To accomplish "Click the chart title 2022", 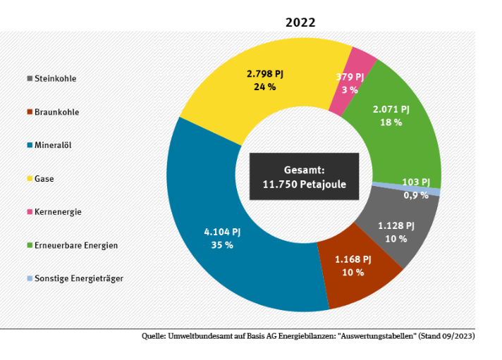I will (300, 22).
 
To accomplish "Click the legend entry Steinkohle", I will (55, 79).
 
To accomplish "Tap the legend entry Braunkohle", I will (56, 112).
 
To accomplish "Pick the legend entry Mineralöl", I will (53, 145).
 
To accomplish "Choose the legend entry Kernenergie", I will (58, 212).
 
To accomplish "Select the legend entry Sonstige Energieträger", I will (78, 278).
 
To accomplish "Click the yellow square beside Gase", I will (30, 179).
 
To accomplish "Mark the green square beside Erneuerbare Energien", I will (30, 245).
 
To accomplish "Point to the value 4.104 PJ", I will (221, 232).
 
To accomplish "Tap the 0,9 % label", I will (415, 195).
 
